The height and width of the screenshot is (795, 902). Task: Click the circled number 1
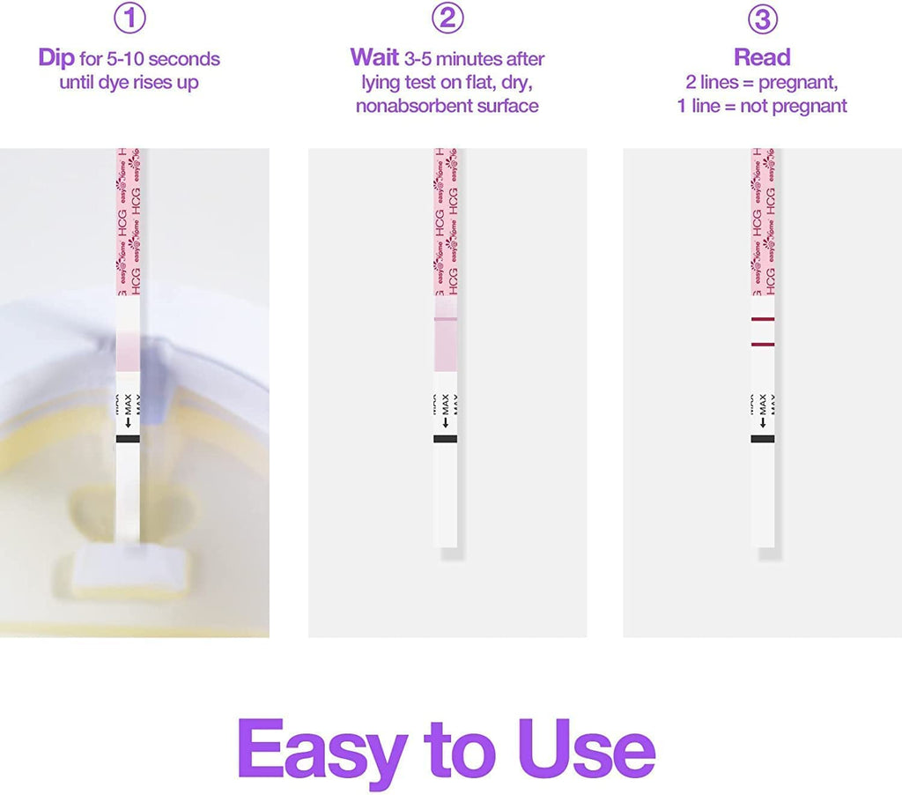coord(129,19)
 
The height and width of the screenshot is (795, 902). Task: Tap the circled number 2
coord(447,19)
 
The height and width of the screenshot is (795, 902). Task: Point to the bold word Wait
coord(374,58)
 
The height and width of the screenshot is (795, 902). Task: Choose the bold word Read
coord(762,58)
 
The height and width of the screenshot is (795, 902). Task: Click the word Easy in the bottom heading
coord(322,750)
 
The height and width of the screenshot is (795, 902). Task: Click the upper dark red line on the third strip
coord(763,319)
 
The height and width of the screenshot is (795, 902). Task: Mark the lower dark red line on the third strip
coord(763,345)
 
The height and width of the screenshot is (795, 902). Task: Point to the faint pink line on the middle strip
coord(446,318)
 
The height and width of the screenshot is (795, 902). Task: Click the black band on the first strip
coord(128,438)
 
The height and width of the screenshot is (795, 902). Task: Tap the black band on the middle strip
coord(446,438)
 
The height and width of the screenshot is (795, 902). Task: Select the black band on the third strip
coord(763,438)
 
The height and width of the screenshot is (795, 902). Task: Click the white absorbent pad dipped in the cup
coord(127,564)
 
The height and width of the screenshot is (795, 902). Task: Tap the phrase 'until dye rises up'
coord(129,83)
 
